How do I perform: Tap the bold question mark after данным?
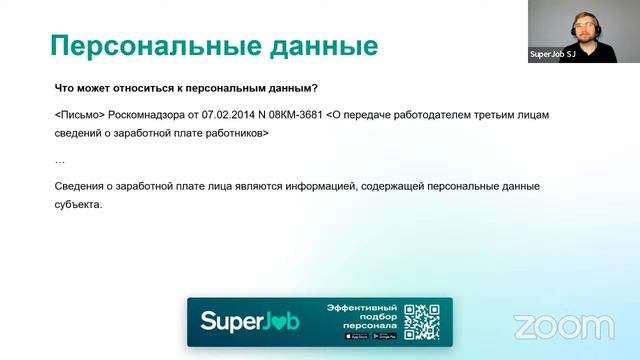315,87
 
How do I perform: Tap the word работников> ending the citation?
236,132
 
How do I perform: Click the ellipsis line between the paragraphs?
59,160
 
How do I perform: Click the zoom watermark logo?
563,327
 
